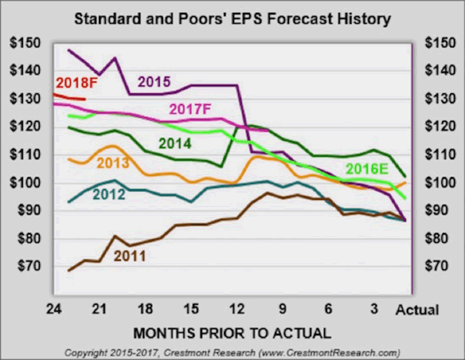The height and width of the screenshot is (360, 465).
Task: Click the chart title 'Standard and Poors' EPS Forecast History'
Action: pyautogui.click(x=233, y=19)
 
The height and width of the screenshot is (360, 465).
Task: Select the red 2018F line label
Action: pyautogui.click(x=74, y=83)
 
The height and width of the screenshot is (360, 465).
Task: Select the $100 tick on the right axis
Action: pyautogui.click(x=439, y=183)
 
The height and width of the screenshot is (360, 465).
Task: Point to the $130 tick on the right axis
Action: pyautogui.click(x=439, y=99)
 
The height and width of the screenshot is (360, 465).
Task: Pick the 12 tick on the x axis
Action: pyautogui.click(x=237, y=308)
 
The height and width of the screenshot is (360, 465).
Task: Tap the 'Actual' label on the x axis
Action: pyautogui.click(x=417, y=309)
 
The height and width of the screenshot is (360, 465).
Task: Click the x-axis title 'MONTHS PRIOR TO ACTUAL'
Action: pyautogui.click(x=233, y=333)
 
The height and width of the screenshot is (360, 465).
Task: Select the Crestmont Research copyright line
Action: pyautogui.click(x=233, y=352)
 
